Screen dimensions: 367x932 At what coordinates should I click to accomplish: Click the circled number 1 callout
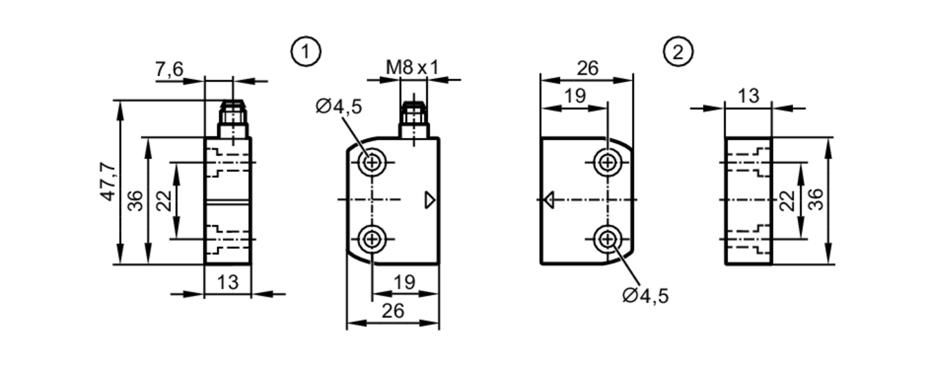tap(306, 52)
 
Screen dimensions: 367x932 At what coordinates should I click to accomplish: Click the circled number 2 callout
tap(678, 52)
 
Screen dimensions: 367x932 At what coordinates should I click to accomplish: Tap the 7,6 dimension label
tap(169, 69)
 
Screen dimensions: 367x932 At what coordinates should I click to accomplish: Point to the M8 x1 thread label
tap(412, 68)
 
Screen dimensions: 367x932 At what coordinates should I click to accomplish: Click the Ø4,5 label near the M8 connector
tap(338, 107)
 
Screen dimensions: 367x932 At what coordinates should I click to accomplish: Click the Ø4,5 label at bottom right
tap(645, 296)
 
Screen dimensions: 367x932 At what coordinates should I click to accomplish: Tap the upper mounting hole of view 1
tap(372, 162)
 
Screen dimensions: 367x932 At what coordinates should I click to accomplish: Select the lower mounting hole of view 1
tap(372, 239)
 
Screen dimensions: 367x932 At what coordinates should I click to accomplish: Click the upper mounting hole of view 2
tap(607, 162)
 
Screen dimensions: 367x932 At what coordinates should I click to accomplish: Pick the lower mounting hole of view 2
tap(607, 239)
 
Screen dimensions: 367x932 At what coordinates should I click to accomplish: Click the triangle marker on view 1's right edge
tap(430, 200)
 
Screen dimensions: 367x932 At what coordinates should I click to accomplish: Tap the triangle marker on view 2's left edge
tap(549, 200)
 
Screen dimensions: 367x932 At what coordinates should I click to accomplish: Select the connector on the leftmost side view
tap(233, 118)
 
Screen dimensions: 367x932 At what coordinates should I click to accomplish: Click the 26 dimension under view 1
tap(393, 311)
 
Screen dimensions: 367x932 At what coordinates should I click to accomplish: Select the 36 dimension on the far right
tap(816, 199)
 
